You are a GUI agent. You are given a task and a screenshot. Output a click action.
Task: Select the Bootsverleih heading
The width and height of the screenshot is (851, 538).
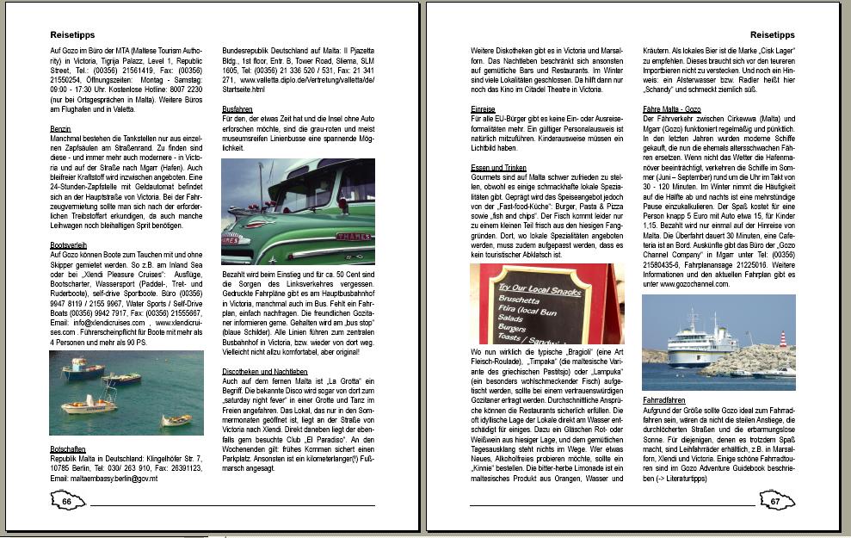tap(68, 245)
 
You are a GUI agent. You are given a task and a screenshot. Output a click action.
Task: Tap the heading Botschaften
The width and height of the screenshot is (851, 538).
tap(67, 449)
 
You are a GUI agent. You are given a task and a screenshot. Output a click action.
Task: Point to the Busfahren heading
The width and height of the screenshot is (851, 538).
tap(237, 110)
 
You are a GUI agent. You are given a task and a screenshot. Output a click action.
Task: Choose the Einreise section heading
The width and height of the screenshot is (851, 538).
tap(483, 110)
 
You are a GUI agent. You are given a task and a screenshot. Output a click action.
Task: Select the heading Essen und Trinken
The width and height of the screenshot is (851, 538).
tap(499, 168)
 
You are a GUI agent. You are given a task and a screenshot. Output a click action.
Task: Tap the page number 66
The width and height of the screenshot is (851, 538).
tap(66, 501)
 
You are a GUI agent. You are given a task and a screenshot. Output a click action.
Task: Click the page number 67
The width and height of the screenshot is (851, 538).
tap(774, 501)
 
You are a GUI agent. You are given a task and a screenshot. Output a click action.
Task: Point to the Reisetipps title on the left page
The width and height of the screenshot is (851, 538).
tap(72, 35)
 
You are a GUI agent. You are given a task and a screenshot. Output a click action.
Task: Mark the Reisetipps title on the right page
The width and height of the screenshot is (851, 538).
tap(772, 35)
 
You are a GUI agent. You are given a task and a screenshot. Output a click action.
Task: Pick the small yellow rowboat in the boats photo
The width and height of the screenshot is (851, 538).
tap(177, 419)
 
